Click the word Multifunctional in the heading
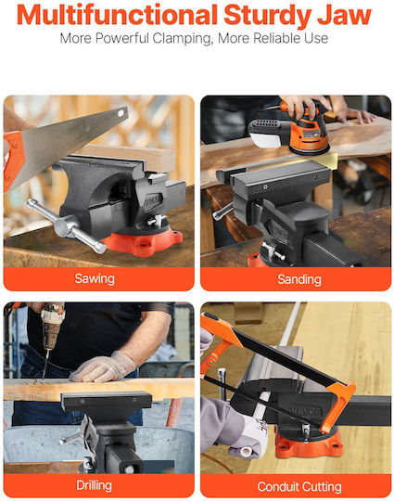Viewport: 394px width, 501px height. click(117, 15)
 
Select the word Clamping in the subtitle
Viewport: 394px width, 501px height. click(182, 39)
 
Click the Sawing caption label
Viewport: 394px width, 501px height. click(95, 278)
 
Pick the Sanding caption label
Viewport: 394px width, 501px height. click(299, 279)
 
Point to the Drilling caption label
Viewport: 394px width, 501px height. click(95, 485)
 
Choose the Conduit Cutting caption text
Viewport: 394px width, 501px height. click(299, 487)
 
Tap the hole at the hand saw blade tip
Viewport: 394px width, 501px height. click(121, 113)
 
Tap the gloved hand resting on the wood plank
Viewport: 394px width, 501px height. click(103, 366)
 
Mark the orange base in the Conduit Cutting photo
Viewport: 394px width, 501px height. click(308, 443)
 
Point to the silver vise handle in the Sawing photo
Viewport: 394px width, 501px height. click(67, 225)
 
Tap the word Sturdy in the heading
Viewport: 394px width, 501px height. click(267, 16)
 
